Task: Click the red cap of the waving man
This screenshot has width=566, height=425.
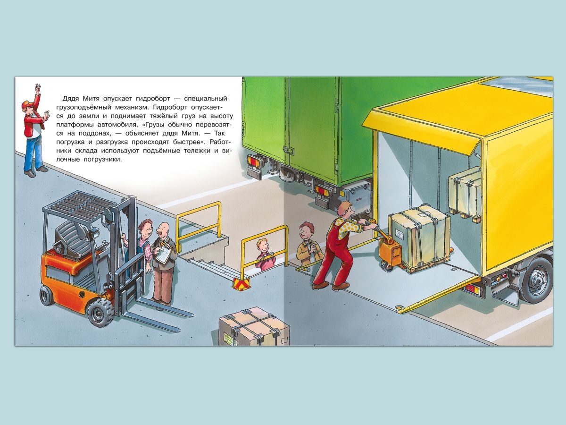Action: (27, 104)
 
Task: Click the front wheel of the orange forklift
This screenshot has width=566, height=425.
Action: (101, 313)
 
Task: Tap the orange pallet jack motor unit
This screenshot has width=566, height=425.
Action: (391, 255)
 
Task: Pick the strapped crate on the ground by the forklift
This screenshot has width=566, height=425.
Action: (253, 326)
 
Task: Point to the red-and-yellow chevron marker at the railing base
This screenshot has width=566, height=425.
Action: (241, 283)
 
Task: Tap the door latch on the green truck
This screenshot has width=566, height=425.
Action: (289, 149)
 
